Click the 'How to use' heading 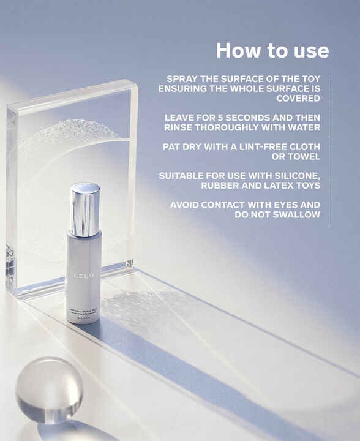(272, 50)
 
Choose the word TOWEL (303, 156)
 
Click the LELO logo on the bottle (84, 276)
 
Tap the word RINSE (181, 127)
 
